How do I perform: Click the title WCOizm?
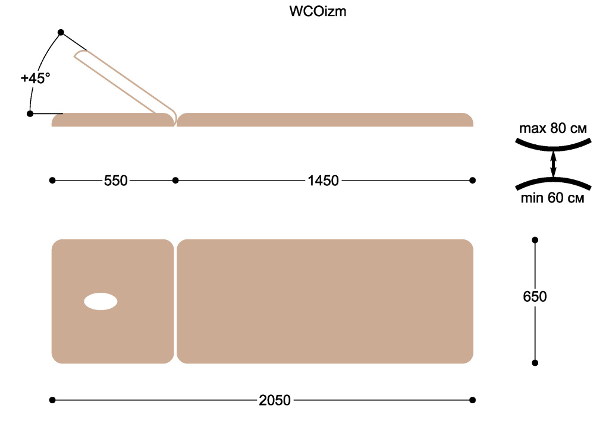tap(318, 11)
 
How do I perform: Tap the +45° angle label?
tap(35, 78)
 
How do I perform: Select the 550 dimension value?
tap(116, 181)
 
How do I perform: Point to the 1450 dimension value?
tap(323, 181)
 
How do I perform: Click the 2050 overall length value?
tap(275, 400)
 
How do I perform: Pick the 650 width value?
tap(535, 296)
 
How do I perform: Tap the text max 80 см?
tap(553, 128)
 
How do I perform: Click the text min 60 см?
tap(553, 198)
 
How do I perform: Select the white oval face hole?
tap(101, 302)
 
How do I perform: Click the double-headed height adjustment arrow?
tap(554, 164)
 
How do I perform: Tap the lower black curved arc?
tap(554, 179)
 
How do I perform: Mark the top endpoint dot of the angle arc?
tap(61, 32)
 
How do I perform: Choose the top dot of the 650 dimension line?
tap(535, 240)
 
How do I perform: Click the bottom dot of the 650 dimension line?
tap(535, 363)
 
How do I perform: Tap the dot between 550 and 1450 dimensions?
tap(175, 181)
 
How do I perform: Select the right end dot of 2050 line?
tap(473, 400)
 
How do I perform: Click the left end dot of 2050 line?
tap(52, 400)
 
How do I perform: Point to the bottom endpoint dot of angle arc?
tap(30, 113)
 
